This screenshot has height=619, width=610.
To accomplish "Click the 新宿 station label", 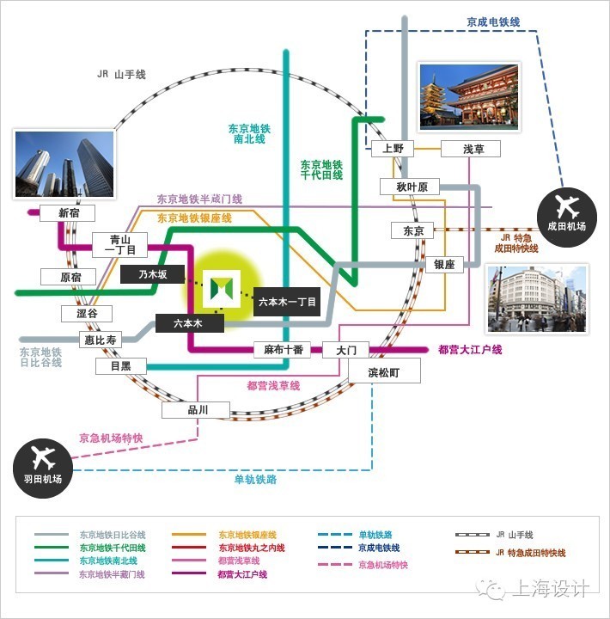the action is click(67, 213).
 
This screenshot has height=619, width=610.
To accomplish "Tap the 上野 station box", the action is click(393, 149).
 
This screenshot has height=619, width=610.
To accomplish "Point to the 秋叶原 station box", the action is click(410, 187).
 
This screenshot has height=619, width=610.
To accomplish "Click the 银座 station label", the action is click(444, 265).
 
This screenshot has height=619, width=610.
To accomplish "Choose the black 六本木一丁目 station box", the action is click(287, 302).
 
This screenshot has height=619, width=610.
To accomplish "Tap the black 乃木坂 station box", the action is click(152, 274).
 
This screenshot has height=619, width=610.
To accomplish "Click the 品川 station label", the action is click(196, 410).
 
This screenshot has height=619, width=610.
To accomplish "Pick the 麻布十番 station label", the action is click(282, 349).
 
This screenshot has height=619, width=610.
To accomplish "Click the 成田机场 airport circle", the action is click(567, 218).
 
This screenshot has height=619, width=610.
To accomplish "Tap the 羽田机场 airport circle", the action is click(43, 469).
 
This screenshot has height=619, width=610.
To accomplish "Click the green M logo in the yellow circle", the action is click(222, 289).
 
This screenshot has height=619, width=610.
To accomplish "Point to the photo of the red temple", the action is click(469, 97).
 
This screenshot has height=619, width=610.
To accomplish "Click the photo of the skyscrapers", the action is click(64, 164).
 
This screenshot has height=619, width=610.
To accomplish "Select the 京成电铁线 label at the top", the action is click(493, 22).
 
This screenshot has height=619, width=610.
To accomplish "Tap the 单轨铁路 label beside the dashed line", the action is click(255, 479).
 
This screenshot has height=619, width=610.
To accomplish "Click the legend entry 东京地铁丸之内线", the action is click(252, 548).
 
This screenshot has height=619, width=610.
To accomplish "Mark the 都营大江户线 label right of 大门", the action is click(470, 349).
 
